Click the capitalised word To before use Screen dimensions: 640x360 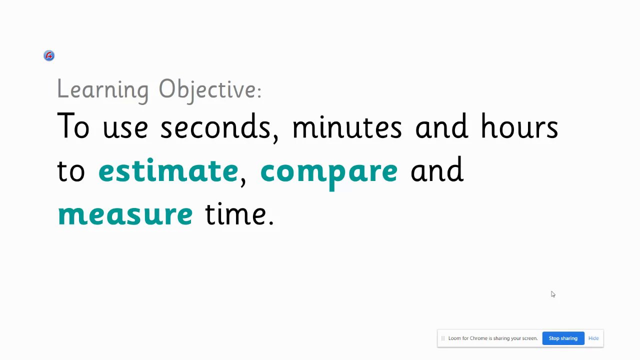click(x=73, y=125)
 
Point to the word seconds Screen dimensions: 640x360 click(x=215, y=125)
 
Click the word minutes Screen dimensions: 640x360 click(x=347, y=126)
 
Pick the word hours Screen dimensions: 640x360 click(x=519, y=125)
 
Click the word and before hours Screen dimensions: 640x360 click(x=441, y=125)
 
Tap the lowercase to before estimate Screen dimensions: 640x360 click(x=71, y=170)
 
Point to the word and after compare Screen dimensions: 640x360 click(x=437, y=169)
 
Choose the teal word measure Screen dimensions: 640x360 click(x=125, y=215)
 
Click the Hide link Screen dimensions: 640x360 click(x=593, y=338)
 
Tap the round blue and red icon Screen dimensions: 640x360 click(x=49, y=55)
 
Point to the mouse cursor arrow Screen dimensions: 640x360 click(x=553, y=294)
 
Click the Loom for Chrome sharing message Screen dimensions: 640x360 click(x=493, y=338)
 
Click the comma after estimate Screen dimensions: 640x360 click(x=243, y=181)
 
